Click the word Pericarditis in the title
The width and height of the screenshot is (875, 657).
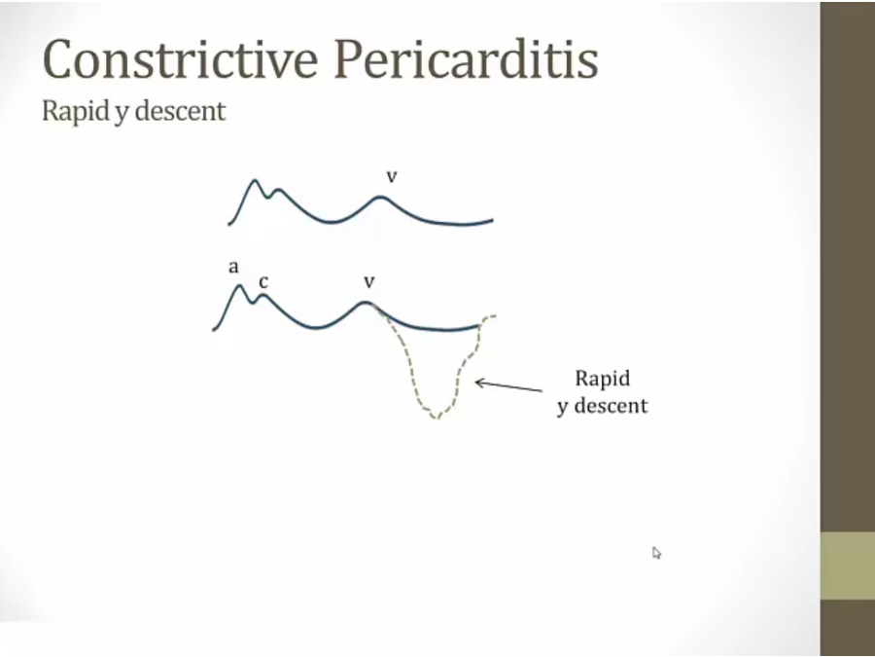pyautogui.click(x=466, y=58)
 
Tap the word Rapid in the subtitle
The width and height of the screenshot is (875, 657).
pyautogui.click(x=75, y=111)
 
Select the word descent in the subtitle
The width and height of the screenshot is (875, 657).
pyautogui.click(x=180, y=111)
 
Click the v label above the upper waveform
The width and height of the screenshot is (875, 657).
pyautogui.click(x=392, y=176)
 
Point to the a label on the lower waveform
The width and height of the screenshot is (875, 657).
pyautogui.click(x=233, y=267)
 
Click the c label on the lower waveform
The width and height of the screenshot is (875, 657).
pyautogui.click(x=263, y=282)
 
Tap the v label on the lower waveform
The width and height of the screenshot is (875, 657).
pyautogui.click(x=368, y=282)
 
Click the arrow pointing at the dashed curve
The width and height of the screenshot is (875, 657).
pyautogui.click(x=508, y=385)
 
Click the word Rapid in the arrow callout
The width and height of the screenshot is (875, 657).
pyautogui.click(x=602, y=379)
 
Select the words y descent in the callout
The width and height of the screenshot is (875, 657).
pyautogui.click(x=602, y=406)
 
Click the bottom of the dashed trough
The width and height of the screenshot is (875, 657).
pyautogui.click(x=437, y=417)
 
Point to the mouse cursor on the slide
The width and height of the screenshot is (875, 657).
pyautogui.click(x=656, y=553)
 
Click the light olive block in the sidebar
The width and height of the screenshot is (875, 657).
pyautogui.click(x=848, y=566)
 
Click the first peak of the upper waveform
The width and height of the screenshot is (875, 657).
pyautogui.click(x=255, y=180)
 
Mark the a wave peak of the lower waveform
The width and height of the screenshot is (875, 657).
pyautogui.click(x=240, y=286)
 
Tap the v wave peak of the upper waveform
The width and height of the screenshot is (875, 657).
pyautogui.click(x=380, y=198)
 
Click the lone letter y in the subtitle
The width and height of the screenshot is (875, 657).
pyautogui.click(x=120, y=114)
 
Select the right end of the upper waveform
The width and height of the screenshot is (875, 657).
pyautogui.click(x=493, y=220)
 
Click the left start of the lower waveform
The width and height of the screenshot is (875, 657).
pyautogui.click(x=214, y=330)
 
